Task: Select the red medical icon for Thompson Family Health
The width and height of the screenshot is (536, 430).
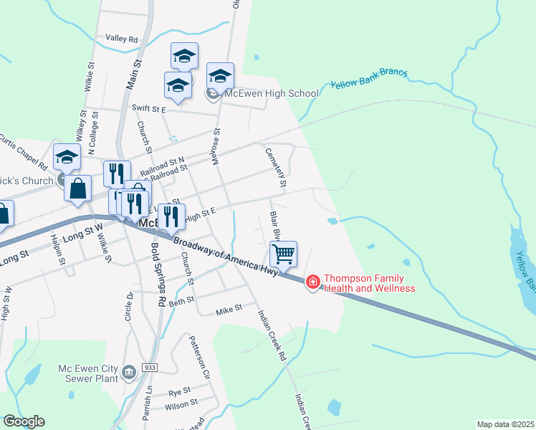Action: (312, 283)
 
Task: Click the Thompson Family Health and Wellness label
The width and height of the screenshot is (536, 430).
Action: (369, 283)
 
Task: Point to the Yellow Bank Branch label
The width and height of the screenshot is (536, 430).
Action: (368, 79)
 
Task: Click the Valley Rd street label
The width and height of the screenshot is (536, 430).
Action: (121, 38)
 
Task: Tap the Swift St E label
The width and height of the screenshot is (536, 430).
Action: (149, 109)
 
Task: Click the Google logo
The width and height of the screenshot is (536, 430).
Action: (24, 421)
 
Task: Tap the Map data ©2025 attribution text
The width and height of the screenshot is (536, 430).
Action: (505, 424)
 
